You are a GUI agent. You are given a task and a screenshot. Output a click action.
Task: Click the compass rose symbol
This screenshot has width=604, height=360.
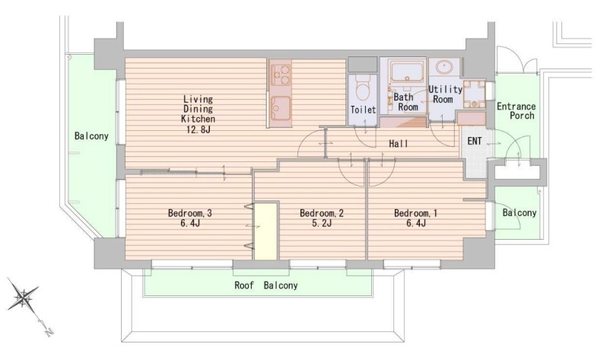pos(24,298)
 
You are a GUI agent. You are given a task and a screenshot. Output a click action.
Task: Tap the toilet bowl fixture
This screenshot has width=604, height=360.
pos(362,89)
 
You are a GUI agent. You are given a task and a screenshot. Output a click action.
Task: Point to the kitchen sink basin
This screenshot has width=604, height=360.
pos(281,107)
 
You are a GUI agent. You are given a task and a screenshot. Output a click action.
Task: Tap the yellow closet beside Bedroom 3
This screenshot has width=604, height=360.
pos(265,231)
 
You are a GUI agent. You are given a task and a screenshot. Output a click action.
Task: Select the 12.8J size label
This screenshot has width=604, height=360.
pos(198,129)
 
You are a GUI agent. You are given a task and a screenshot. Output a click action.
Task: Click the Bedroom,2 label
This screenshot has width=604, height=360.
pos(321,213)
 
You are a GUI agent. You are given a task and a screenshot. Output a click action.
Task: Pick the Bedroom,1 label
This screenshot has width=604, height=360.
pos(415,213)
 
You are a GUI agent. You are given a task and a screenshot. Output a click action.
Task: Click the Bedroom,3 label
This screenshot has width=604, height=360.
pos(190,213)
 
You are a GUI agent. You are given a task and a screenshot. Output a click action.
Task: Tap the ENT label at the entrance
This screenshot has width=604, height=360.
pos(474,141)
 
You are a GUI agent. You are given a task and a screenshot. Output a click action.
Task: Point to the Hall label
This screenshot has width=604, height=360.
pos(399,144)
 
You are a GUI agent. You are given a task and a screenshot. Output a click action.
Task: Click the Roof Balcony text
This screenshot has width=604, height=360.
pos(266,285)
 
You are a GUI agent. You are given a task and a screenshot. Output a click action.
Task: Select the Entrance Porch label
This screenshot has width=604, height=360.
pos(517,110)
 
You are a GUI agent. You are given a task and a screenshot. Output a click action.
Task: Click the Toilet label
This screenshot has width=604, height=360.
pos(363,110)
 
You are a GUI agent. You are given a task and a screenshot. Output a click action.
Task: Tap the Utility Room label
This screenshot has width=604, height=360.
pos(445,94)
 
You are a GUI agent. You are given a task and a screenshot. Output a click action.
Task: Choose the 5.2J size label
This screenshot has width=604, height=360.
pos(321,223)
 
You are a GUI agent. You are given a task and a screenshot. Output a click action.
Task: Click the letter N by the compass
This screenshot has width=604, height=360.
pos(49,332)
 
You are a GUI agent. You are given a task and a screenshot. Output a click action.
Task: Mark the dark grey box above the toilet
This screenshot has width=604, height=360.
pos(362,65)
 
